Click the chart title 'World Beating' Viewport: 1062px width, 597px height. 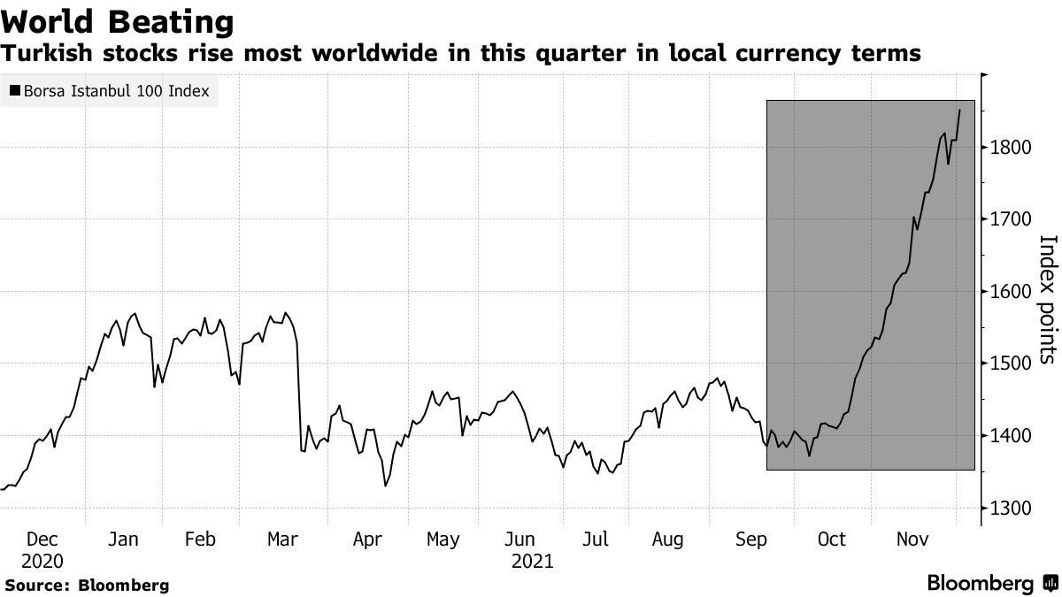(118, 21)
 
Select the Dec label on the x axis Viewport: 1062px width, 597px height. (42, 540)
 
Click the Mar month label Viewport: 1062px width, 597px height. (281, 540)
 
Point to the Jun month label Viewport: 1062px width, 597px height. (519, 540)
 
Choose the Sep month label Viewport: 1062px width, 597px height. (752, 540)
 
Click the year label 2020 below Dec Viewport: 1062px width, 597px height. (42, 561)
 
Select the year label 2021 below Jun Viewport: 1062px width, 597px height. (532, 561)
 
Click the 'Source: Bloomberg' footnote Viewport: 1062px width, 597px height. (87, 586)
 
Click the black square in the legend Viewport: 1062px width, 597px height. (16, 90)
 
